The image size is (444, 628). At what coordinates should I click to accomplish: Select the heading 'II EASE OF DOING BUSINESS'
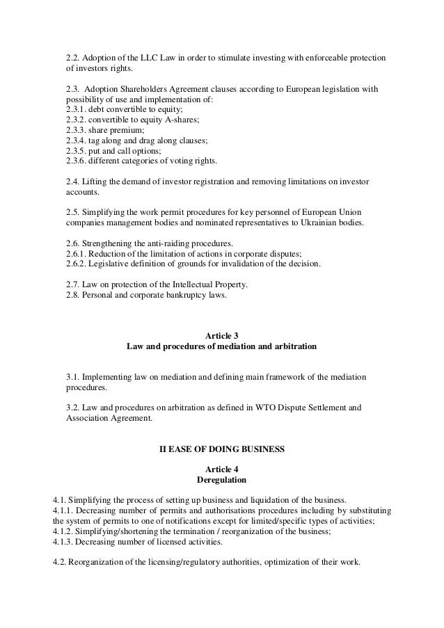point(222,449)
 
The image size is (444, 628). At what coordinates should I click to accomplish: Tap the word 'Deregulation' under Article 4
point(222,479)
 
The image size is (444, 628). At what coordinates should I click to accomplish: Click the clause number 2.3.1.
point(78,108)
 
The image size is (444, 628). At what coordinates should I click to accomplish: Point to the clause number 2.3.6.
point(78,161)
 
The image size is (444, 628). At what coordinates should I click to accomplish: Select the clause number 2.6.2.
point(78,264)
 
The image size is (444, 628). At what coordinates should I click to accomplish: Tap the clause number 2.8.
point(72,295)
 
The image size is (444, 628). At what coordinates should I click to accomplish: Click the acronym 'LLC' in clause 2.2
point(142,57)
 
